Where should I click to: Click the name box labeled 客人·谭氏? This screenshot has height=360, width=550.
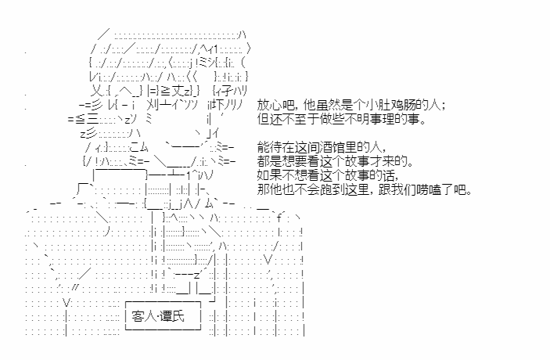[x=163, y=316]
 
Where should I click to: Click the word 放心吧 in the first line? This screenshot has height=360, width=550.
[x=275, y=106]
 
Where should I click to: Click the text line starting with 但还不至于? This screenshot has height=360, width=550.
[x=342, y=119]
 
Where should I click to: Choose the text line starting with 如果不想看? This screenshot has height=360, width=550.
[x=327, y=175]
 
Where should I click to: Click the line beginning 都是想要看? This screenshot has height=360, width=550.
[x=335, y=161]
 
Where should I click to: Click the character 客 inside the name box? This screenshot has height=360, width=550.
[x=138, y=316]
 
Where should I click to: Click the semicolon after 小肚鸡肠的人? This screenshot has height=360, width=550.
[x=444, y=106]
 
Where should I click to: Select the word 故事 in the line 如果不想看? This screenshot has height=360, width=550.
[x=358, y=175]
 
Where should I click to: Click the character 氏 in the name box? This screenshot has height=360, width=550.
[x=178, y=316]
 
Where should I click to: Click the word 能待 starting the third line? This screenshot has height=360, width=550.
[x=269, y=146]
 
